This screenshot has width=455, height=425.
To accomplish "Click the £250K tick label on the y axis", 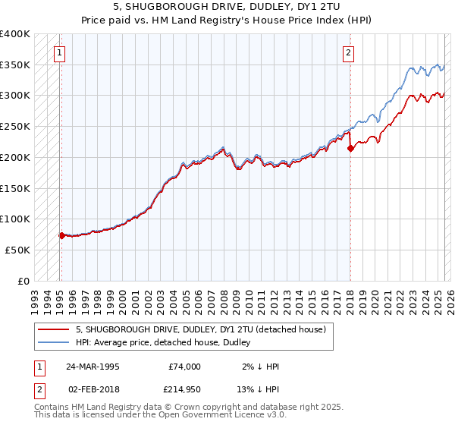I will [x=15, y=126].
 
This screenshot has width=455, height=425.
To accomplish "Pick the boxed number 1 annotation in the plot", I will [x=59, y=52].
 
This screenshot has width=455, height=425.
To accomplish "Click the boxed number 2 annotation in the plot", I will [x=347, y=52].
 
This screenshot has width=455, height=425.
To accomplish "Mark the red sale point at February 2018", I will [x=350, y=149].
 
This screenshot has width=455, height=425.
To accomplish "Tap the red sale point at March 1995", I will [x=61, y=235].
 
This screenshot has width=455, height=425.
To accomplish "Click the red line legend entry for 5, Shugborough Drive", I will [x=200, y=329].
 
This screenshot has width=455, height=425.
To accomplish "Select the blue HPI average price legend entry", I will [x=167, y=343].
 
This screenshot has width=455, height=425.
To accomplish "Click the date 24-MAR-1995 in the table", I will [x=92, y=367].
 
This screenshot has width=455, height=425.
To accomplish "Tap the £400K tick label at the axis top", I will [x=15, y=34].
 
